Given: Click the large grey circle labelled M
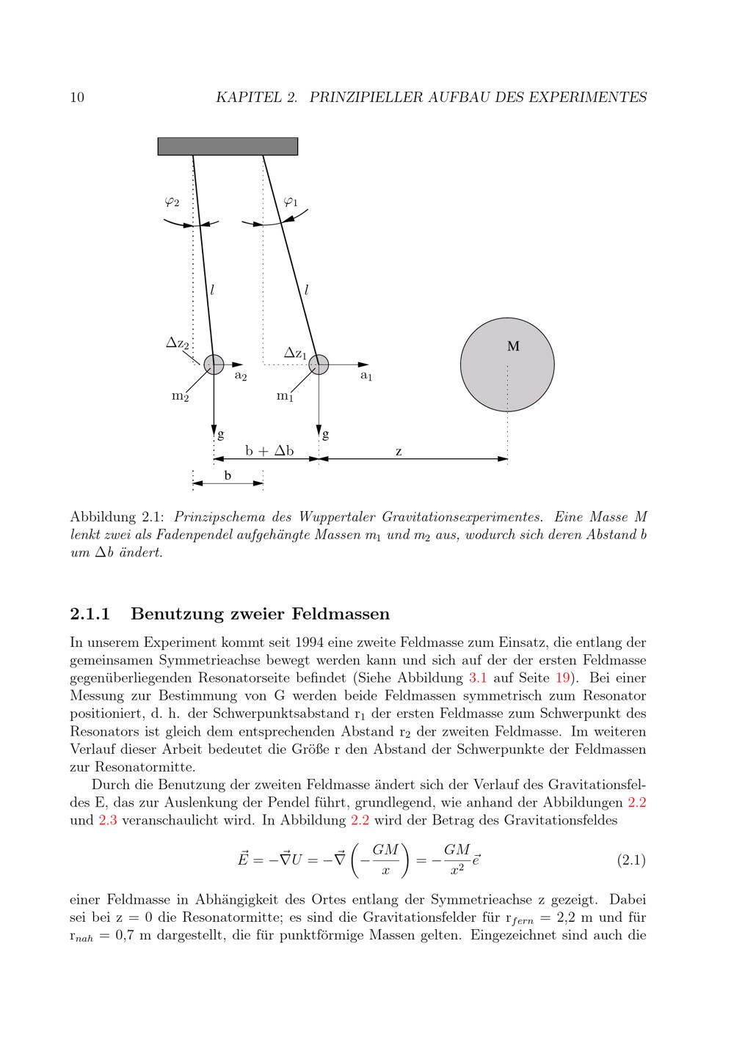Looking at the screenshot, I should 507,364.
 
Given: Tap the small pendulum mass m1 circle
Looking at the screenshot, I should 319,364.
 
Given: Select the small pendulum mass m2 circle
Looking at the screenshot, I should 214,364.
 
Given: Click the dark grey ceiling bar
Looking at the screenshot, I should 228,146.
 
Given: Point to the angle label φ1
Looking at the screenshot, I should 291,201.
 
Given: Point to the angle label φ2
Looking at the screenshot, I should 172,201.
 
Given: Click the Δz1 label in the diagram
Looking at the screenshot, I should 295,353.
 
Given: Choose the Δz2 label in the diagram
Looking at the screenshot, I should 178,342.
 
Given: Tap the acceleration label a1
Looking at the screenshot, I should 366,375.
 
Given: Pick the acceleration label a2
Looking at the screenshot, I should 240,375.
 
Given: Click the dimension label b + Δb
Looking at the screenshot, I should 269,451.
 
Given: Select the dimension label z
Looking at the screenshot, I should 399,452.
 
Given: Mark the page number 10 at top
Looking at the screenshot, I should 77,97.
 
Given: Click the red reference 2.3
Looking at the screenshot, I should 107,820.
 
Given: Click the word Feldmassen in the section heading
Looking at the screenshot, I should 340,613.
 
